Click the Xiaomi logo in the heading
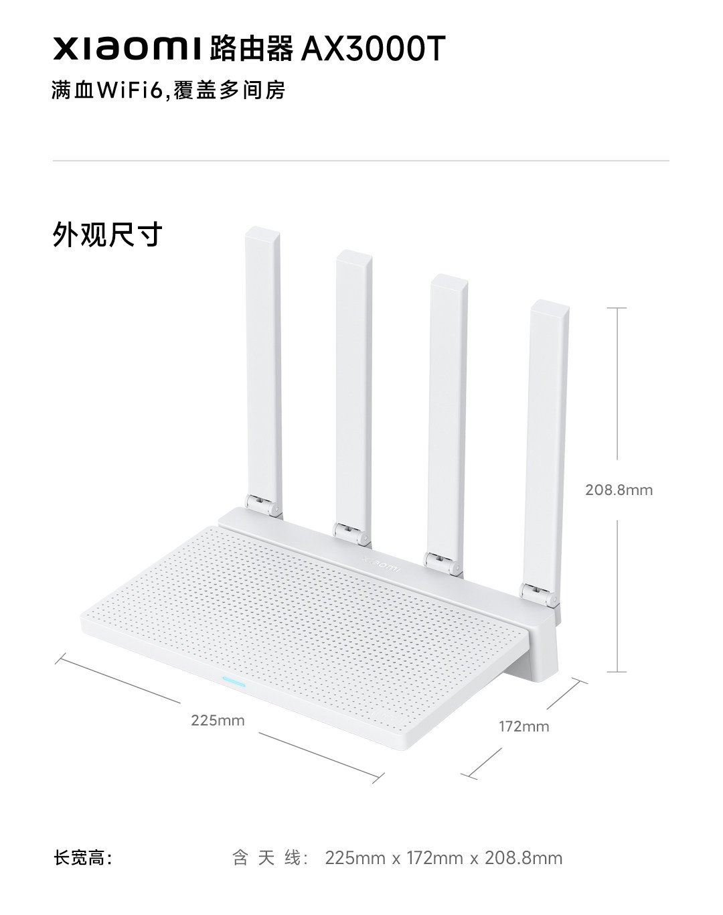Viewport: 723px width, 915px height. click(127, 48)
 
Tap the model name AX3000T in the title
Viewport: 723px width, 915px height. click(373, 48)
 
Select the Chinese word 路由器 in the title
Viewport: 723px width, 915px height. click(251, 48)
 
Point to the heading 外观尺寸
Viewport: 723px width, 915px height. click(107, 234)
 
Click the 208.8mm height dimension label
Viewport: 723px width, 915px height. click(619, 490)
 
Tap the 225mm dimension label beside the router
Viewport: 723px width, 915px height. click(218, 720)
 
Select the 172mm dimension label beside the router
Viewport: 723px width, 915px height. click(524, 726)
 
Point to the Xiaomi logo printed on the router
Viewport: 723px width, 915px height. click(380, 563)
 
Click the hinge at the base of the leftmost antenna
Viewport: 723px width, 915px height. click(263, 506)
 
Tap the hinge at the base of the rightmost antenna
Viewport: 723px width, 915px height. click(539, 594)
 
